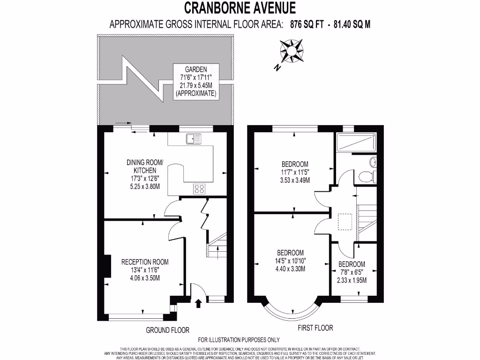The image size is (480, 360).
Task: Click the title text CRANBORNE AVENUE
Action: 240,7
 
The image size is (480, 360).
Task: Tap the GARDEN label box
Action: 195,81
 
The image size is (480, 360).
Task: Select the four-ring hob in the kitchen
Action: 199,189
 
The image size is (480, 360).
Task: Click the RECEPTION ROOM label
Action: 145,262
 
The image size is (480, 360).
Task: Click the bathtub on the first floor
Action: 356,142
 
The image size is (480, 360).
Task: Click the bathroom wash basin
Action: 373,162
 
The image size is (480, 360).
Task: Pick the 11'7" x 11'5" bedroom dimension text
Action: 295,172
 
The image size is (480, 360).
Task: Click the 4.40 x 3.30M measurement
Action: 291,269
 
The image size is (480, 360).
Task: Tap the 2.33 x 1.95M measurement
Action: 352,280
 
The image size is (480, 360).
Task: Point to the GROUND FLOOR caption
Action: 167,330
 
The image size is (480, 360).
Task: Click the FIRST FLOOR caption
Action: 315,328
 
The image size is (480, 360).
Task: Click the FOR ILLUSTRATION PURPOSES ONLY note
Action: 239,340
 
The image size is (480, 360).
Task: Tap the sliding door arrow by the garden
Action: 120,122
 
